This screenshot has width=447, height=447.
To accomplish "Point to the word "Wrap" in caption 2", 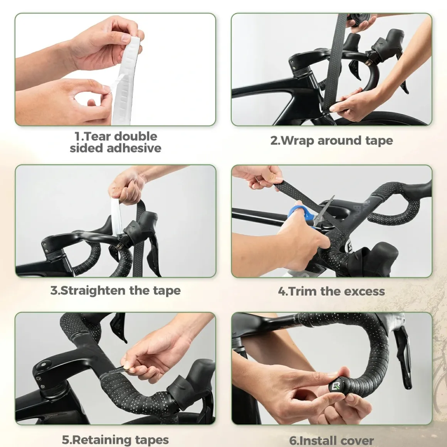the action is click(x=297, y=141).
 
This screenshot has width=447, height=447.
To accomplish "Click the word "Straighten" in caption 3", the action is click(x=93, y=291).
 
